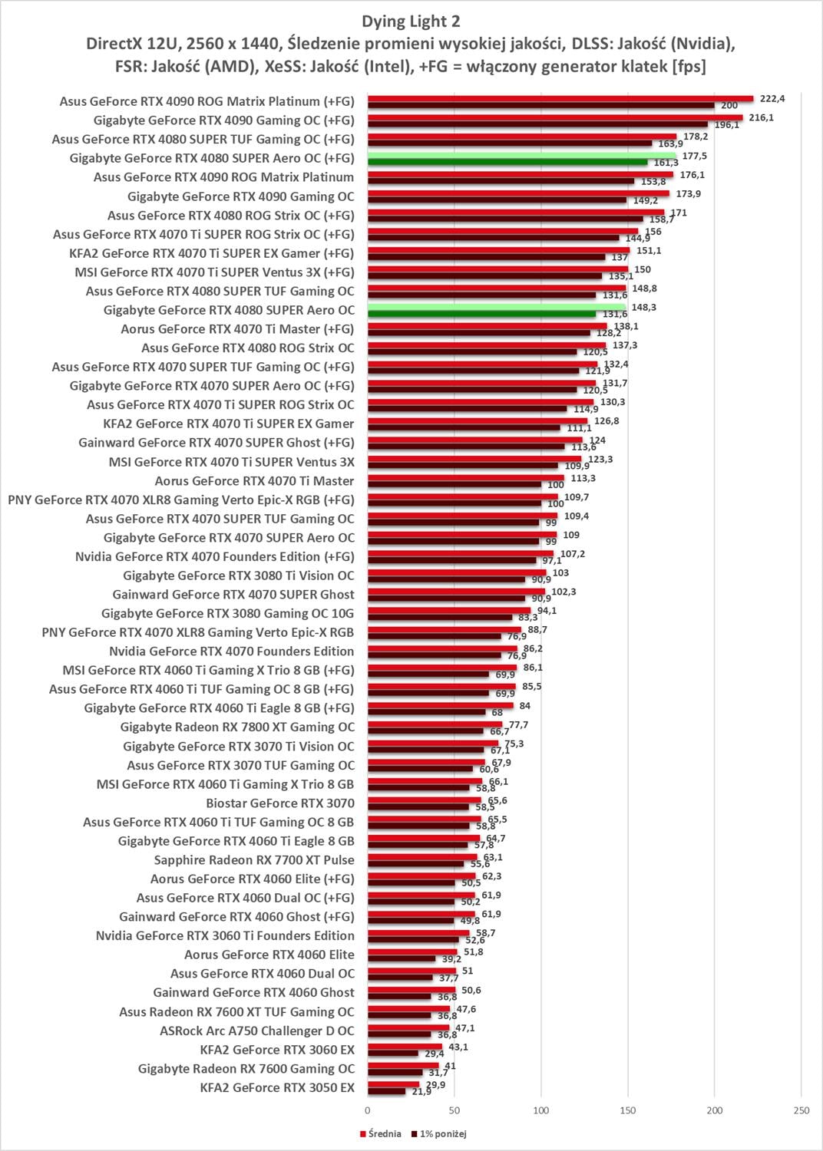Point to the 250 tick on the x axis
[x=801, y=1110]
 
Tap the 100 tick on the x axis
[x=541, y=1110]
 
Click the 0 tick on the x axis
[x=368, y=1110]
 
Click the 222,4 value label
[x=772, y=98]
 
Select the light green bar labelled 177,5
[x=521, y=155]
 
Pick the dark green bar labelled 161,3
[x=507, y=163]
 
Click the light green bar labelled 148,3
[x=496, y=307]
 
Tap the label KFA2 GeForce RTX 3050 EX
[x=277, y=1087]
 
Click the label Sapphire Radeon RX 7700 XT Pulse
[x=254, y=860]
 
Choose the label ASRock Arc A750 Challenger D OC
[x=257, y=1031]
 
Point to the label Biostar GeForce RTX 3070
[x=280, y=803]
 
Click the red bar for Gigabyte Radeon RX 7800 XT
[x=435, y=724]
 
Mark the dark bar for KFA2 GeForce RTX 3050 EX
[x=386, y=1091]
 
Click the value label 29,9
[x=435, y=1084]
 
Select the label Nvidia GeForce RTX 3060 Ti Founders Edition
[x=225, y=935]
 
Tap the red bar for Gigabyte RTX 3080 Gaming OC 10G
[x=449, y=611]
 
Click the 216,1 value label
[x=762, y=117]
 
